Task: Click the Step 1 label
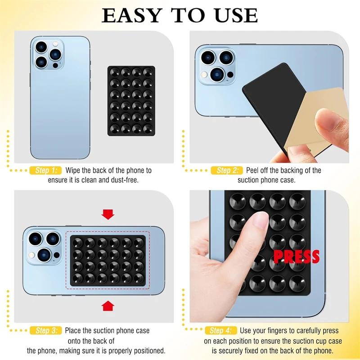coord(45,171)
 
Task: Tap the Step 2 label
coord(227,171)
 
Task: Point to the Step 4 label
coord(221,331)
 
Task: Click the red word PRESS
coord(297,256)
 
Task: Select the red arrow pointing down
coord(108,214)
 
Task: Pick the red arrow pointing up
coord(108,306)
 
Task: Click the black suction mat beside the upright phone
coord(131,100)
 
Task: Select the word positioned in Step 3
coord(147,351)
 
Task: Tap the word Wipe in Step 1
coord(73,171)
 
